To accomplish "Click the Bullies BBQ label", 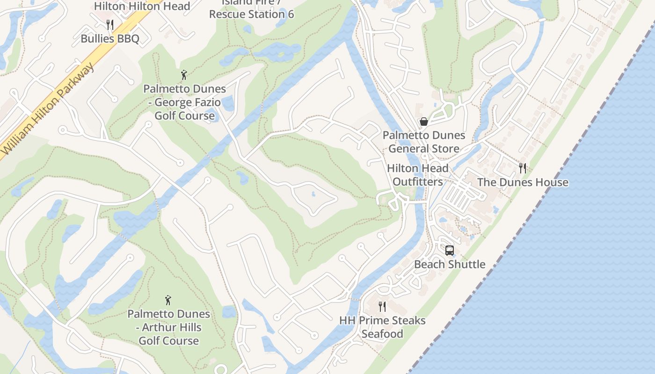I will point(110,38).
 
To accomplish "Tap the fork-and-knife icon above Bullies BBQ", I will point(110,24).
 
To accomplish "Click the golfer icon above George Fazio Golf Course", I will point(184,75).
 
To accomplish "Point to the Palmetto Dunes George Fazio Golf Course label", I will point(184,102).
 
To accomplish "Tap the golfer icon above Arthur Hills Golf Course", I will point(168,300).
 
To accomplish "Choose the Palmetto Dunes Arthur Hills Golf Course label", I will point(168,327).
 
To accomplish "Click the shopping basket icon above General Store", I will point(424,122).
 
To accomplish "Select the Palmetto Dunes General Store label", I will point(424,142).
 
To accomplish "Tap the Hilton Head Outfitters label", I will point(417,175).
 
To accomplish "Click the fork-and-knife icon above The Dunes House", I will point(523,168).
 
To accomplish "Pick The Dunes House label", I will point(523,182).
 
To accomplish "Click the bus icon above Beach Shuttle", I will point(450,251).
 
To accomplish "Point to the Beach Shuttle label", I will point(450,264).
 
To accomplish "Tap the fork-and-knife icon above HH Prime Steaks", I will point(382,307).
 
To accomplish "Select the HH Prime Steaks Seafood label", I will point(382,327).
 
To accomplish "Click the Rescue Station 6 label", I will point(251,14).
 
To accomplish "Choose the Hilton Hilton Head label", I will point(142,6).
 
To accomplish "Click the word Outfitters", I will point(417,181).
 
